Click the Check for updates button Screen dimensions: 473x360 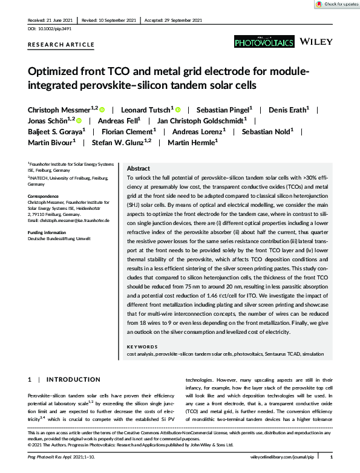pos(336,4)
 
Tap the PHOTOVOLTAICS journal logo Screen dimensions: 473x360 pos(264,42)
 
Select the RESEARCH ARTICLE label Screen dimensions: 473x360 pos(61,45)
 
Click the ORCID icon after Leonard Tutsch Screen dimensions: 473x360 pos(178,109)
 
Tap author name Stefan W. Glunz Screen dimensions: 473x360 pos(119,142)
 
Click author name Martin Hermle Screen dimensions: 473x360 pos(191,142)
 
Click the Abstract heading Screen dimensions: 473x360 pos(138,169)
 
